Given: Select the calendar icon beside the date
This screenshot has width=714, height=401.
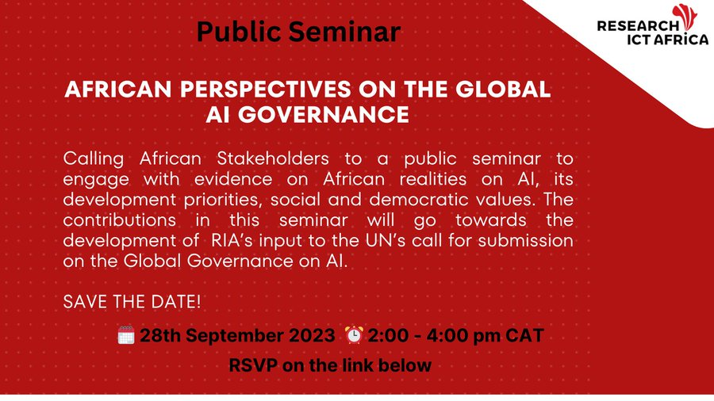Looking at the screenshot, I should coord(126,335).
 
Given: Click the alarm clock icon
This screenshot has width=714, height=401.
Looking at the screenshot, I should coord(354,335).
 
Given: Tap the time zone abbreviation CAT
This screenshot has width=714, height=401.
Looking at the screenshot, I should coord(524,336).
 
